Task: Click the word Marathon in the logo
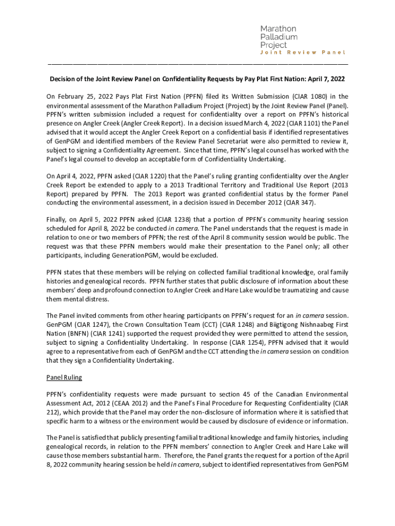(278, 29)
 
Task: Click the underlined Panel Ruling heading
(64, 378)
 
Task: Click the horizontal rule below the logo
(197, 64)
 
